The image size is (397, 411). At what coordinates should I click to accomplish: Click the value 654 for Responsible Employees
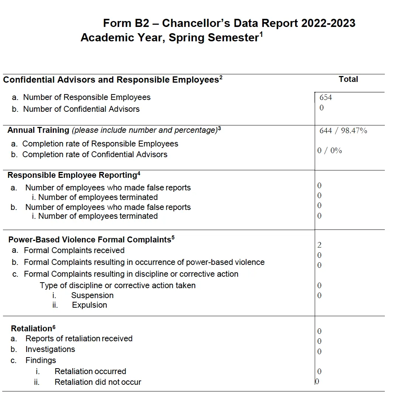coord(326,97)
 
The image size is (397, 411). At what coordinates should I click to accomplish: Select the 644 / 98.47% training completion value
coord(343,131)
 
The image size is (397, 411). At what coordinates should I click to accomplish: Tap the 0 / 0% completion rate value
coord(329,151)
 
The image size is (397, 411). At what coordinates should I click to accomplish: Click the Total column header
coord(348,79)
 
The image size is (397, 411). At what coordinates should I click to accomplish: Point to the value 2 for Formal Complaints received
coord(319,245)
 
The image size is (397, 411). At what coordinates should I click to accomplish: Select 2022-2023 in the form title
coord(328,23)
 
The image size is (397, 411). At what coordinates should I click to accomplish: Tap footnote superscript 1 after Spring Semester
coord(261,34)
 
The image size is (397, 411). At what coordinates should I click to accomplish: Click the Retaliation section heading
coord(31,329)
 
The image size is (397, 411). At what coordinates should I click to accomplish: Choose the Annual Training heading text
coord(38,130)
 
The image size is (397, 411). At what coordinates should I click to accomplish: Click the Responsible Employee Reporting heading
coord(72,175)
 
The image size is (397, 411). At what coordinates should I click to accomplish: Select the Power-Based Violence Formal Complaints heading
coord(90,240)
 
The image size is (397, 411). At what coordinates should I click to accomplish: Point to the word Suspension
coord(92,296)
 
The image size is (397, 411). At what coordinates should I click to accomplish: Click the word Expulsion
coord(90,305)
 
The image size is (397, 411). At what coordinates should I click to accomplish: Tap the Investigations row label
coord(50,349)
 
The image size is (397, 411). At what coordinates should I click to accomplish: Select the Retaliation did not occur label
coord(98,382)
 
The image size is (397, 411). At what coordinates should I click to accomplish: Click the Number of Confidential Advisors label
coord(81,109)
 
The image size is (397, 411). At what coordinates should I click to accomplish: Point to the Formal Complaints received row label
coord(74,251)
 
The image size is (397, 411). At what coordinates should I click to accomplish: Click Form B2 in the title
coord(126,23)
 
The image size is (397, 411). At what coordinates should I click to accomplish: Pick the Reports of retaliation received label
coord(79,339)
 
